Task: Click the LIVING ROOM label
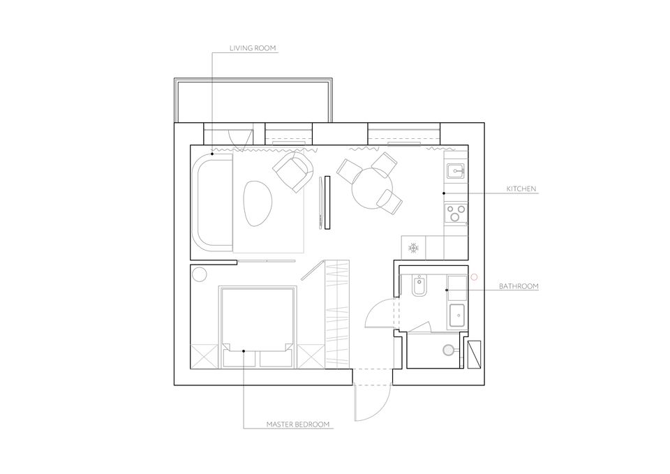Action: pyautogui.click(x=253, y=48)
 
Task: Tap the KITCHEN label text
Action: pyautogui.click(x=521, y=188)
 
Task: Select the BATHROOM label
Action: pyautogui.click(x=519, y=286)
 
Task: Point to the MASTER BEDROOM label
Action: pyautogui.click(x=298, y=424)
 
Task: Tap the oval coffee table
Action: pyautogui.click(x=258, y=203)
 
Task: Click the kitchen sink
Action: pyautogui.click(x=456, y=171)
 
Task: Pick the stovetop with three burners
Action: pyautogui.click(x=456, y=213)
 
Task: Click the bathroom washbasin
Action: pyautogui.click(x=456, y=316)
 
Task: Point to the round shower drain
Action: pyautogui.click(x=448, y=350)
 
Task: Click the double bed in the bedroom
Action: pyautogui.click(x=258, y=327)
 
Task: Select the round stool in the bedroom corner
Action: pyautogui.click(x=199, y=274)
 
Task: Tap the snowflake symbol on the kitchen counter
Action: pyautogui.click(x=413, y=248)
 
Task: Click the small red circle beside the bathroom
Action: pyautogui.click(x=473, y=277)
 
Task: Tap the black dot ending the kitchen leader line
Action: pyautogui.click(x=444, y=193)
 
